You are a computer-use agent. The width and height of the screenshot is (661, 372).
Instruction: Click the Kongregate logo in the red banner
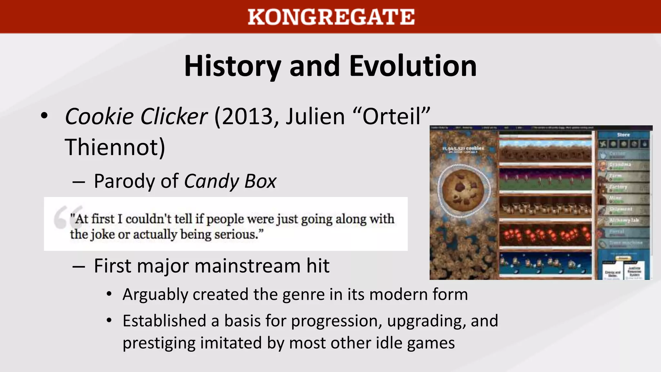(x=331, y=17)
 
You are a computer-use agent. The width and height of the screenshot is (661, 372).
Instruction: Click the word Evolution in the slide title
(x=413, y=66)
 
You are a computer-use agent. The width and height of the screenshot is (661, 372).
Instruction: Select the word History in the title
(x=232, y=66)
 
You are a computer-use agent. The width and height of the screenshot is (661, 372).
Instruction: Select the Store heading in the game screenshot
(x=623, y=135)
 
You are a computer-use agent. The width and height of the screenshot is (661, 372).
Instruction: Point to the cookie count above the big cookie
(x=463, y=149)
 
